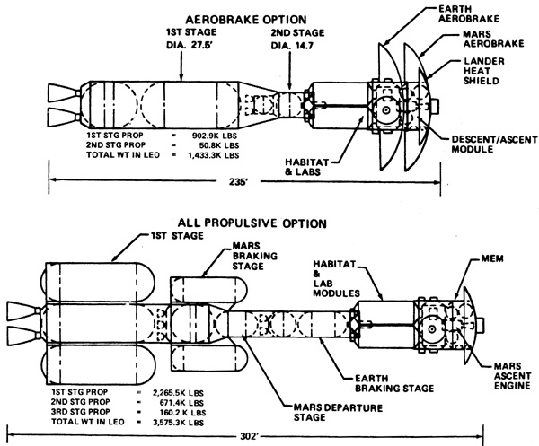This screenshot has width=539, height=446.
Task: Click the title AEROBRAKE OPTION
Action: (245, 20)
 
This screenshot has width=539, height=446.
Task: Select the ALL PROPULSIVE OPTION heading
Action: (252, 223)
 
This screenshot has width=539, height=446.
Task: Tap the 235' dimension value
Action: (239, 181)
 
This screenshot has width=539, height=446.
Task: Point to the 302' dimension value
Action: (248, 436)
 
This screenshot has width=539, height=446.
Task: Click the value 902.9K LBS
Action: (215, 136)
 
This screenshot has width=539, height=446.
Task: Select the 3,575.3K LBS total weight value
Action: (178, 423)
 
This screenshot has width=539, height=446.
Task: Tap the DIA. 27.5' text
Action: (190, 45)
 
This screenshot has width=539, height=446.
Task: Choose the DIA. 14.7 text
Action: (292, 46)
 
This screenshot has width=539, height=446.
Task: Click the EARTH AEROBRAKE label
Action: (469, 13)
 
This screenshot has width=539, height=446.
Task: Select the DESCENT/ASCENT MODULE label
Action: (494, 144)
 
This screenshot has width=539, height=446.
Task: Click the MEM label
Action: (492, 258)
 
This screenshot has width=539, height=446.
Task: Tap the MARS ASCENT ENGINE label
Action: (512, 376)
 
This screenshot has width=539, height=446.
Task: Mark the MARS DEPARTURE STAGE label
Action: (338, 413)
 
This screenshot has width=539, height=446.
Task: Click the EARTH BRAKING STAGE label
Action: (394, 383)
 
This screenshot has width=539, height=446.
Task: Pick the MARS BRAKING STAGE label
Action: (255, 256)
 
